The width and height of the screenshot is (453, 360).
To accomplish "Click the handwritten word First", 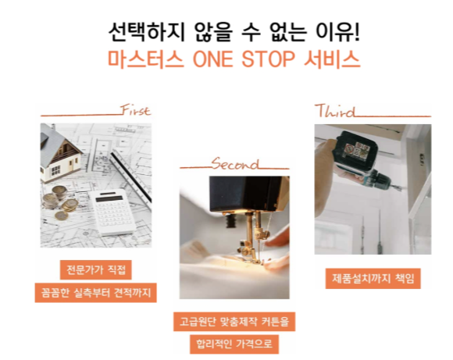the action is [x=135, y=110].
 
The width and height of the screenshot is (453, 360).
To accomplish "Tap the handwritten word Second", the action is [x=234, y=163].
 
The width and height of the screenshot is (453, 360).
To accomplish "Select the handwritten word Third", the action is [x=335, y=111].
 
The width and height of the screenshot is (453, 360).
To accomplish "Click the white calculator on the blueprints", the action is [x=112, y=212].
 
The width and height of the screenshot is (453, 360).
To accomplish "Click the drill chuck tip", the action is [x=398, y=187].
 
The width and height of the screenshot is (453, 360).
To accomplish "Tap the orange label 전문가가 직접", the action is [x=96, y=270].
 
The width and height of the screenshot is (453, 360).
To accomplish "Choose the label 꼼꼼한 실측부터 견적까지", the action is [x=96, y=293].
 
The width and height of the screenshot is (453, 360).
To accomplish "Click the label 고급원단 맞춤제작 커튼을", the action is [x=234, y=321].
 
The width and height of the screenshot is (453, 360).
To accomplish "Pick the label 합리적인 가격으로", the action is [x=234, y=344].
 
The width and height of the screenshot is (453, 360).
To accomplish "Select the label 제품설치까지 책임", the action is [x=373, y=279].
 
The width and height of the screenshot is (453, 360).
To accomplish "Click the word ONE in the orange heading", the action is [x=212, y=59].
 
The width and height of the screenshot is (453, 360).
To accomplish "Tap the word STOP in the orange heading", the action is [x=268, y=59].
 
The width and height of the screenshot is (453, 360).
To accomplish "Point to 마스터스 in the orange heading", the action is [x=146, y=59].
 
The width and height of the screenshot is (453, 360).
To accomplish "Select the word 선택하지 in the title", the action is [x=146, y=31].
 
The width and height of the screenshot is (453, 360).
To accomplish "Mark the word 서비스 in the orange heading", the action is [x=332, y=59].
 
